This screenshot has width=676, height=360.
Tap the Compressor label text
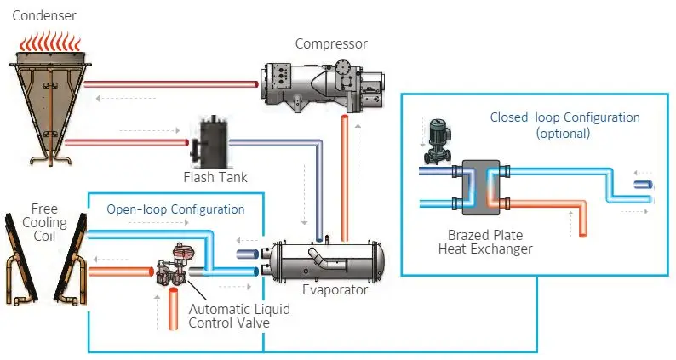(331, 43)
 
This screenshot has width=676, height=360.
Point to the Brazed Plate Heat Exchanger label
(490, 242)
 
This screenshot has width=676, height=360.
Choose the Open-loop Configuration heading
(175, 209)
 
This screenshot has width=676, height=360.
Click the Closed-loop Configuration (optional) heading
(564, 125)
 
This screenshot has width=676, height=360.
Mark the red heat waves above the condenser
(50, 39)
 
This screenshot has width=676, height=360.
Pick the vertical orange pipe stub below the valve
(172, 303)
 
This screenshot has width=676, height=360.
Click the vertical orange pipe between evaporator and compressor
(345, 180)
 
